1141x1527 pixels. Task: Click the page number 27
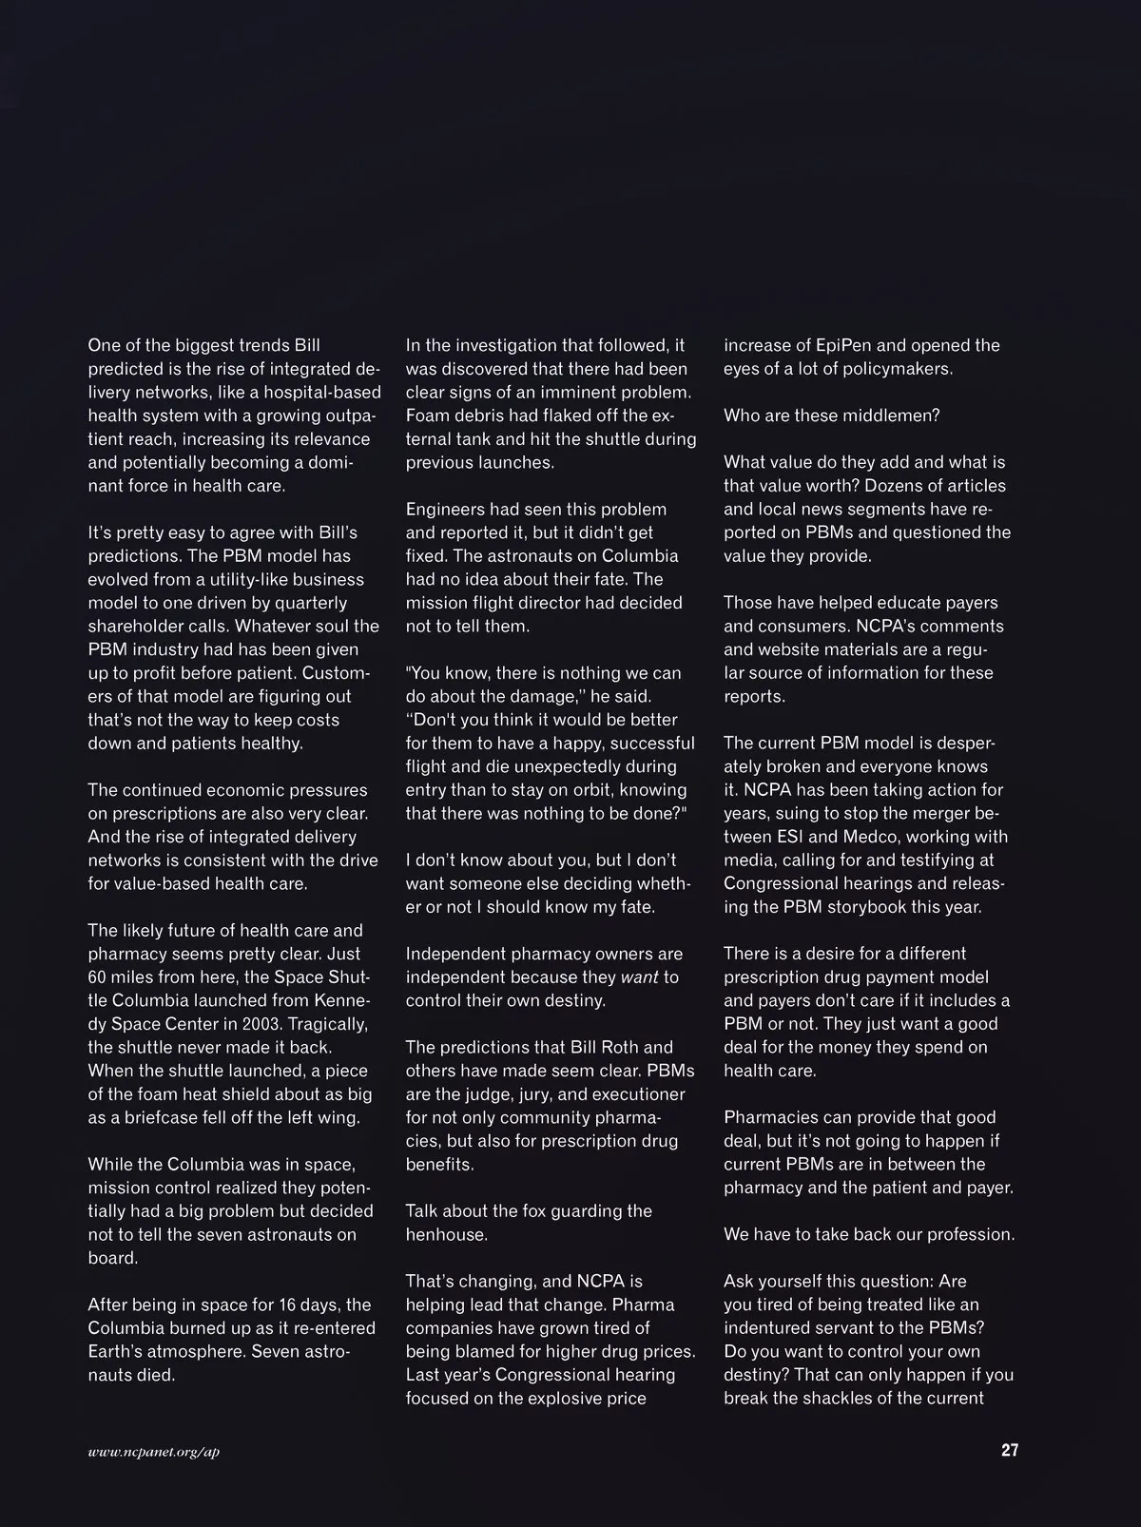1009,1450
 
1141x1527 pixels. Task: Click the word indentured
770,1327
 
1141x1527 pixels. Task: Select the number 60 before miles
99,977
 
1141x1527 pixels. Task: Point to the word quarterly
303,603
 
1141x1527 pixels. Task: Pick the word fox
536,1210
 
